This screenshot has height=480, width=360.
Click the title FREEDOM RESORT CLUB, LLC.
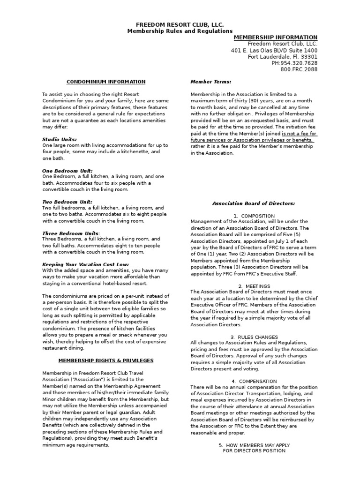pyautogui.click(x=180, y=24)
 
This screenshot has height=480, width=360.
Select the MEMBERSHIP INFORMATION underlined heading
pyautogui.click(x=275, y=37)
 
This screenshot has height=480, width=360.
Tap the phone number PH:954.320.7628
pyautogui.click(x=294, y=63)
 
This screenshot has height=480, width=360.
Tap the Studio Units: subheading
pyautogui.click(x=60, y=139)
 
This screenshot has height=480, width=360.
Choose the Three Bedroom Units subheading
pyautogui.click(x=70, y=233)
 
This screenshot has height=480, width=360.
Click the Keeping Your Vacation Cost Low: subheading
pyautogui.click(x=85, y=264)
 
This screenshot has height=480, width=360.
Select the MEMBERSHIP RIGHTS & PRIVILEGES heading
pyautogui.click(x=105, y=360)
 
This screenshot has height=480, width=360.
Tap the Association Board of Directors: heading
pyautogui.click(x=254, y=203)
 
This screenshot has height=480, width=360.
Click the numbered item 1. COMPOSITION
pyautogui.click(x=254, y=216)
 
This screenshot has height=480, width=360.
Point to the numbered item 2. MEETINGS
pyautogui.click(x=254, y=285)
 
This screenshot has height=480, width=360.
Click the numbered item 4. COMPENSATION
pyautogui.click(x=254, y=381)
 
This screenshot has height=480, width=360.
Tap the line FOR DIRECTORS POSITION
pyautogui.click(x=254, y=450)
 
